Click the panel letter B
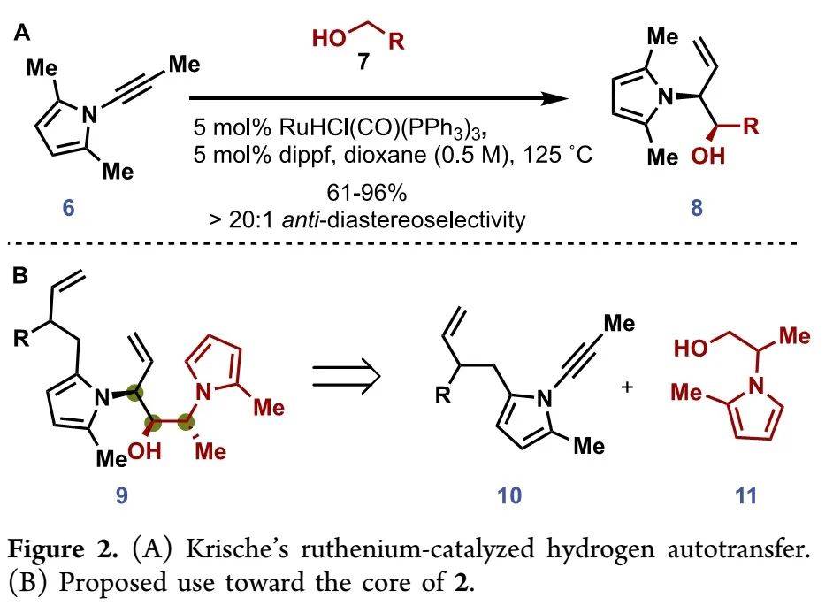21,275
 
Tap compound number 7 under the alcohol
363,63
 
